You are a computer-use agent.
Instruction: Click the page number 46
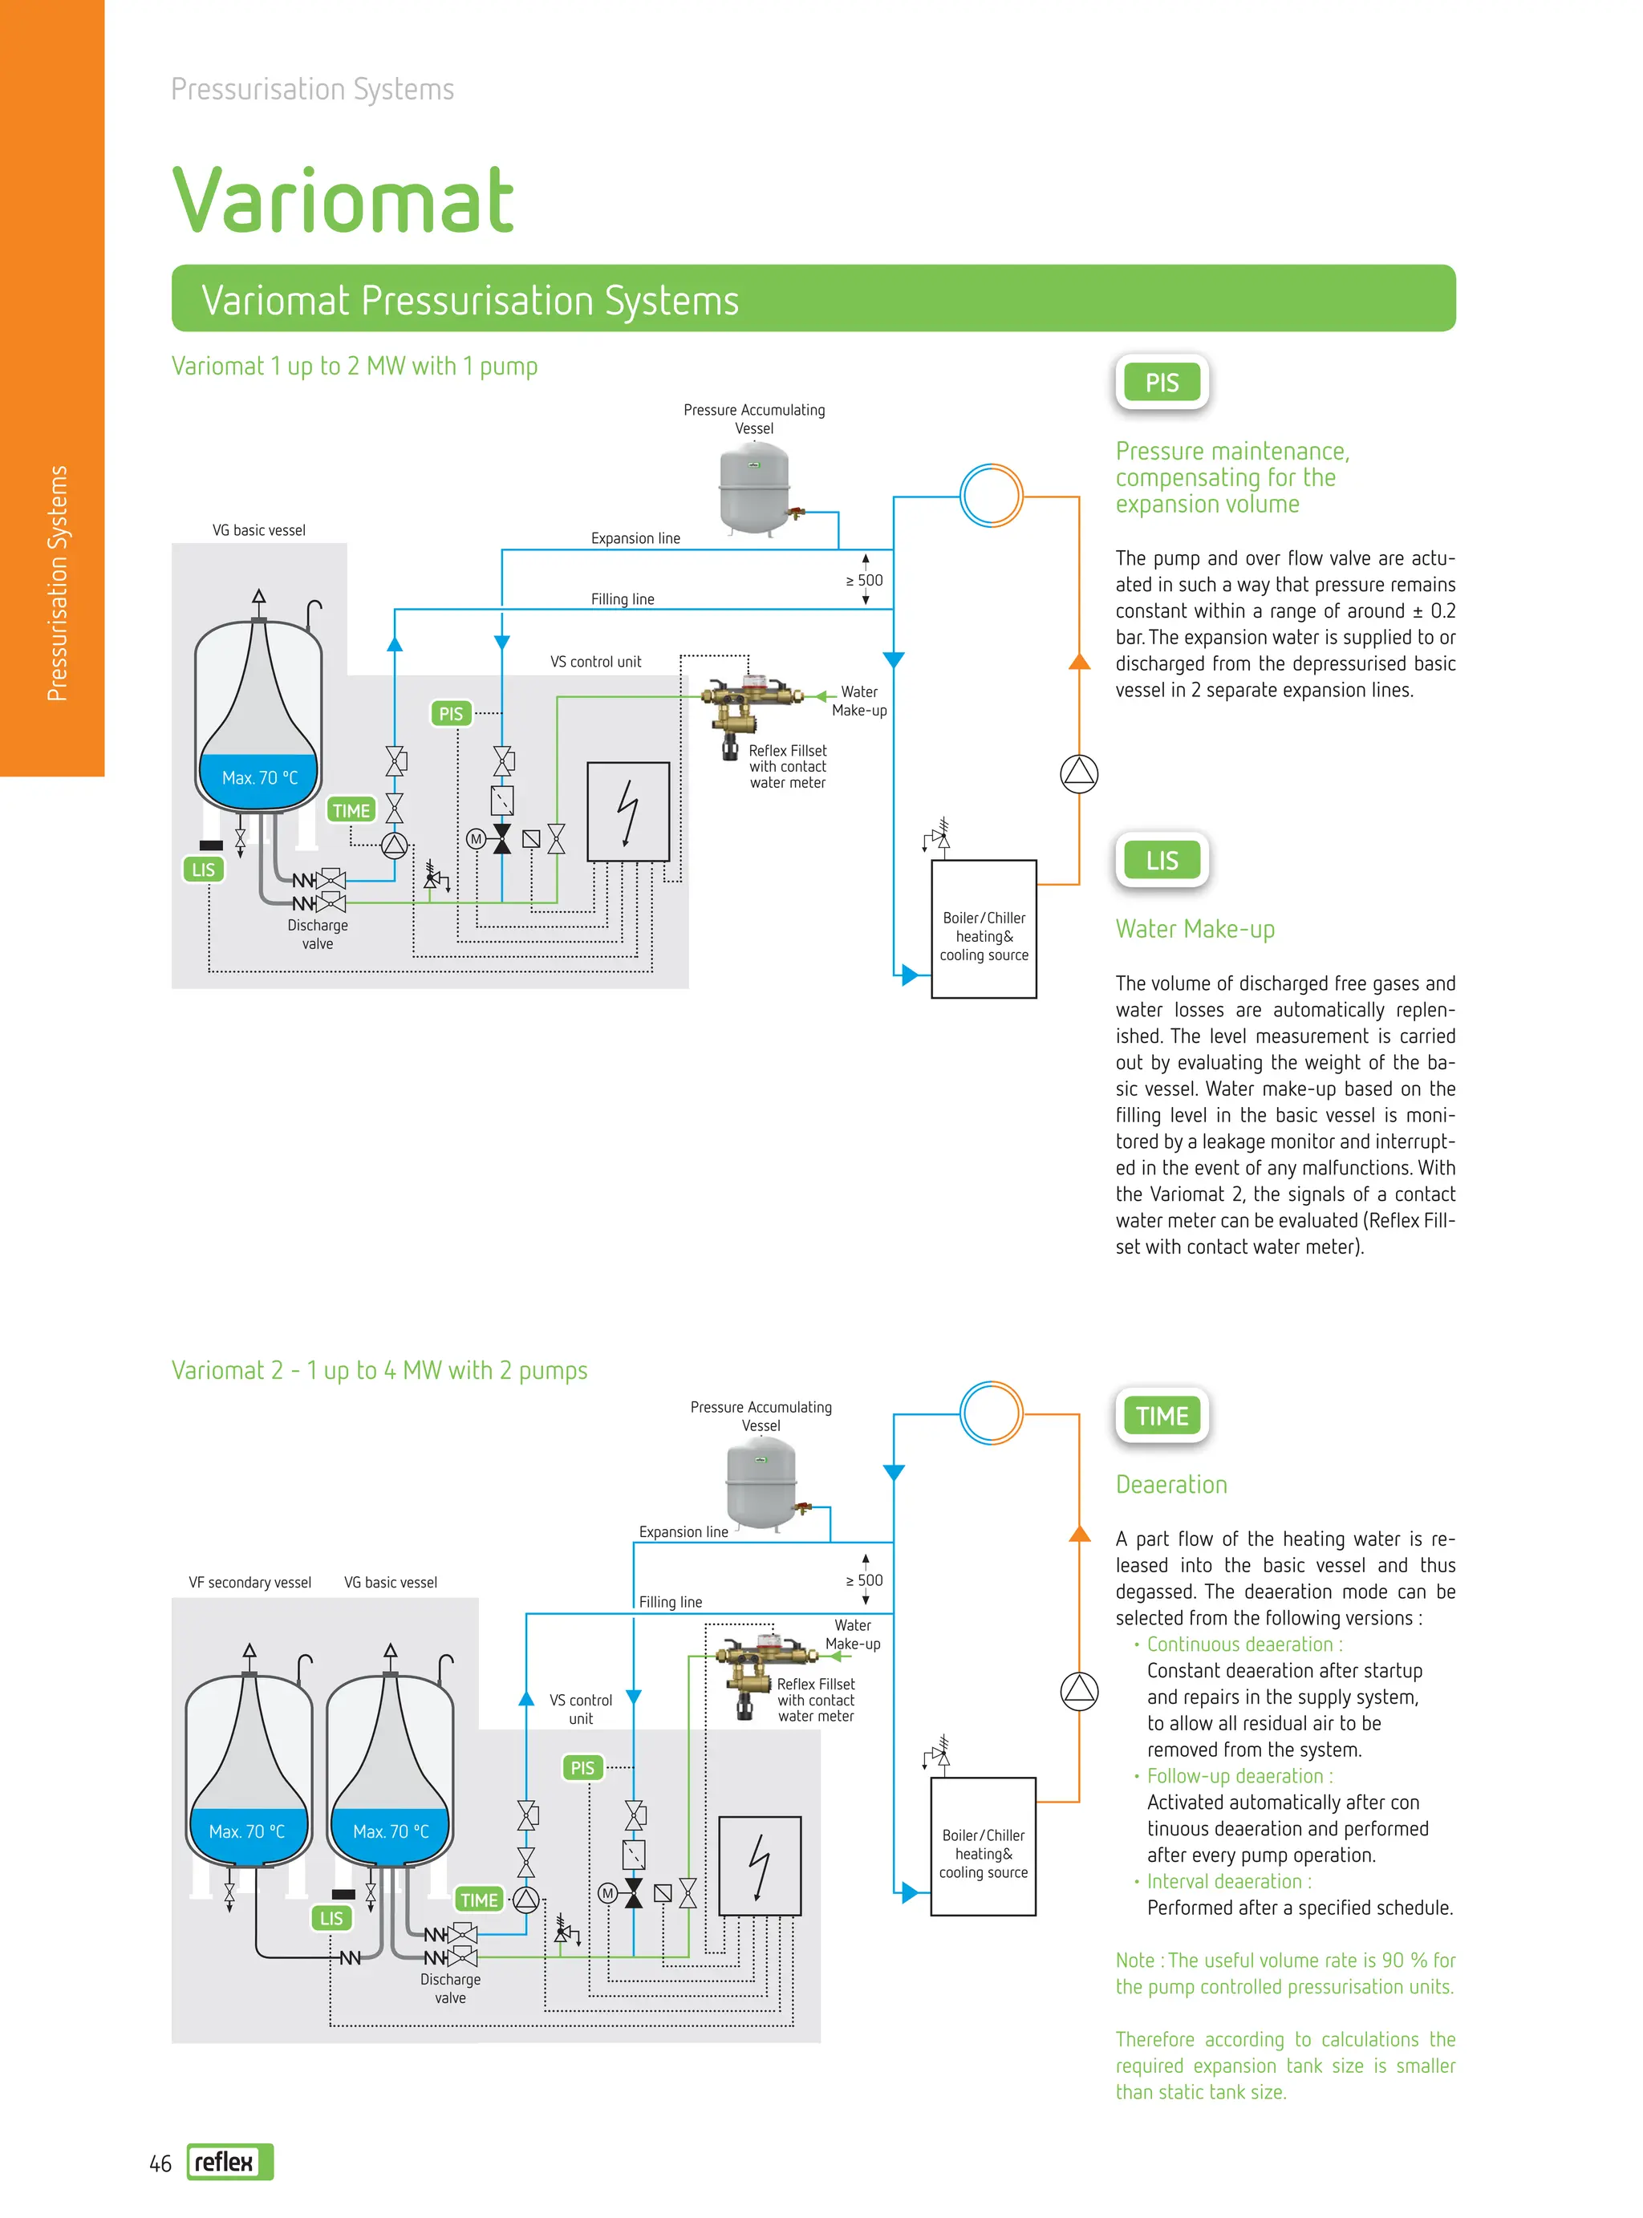(160, 2163)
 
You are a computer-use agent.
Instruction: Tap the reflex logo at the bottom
(229, 2161)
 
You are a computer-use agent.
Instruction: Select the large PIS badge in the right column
(1161, 383)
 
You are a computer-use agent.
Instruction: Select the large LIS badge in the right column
(1161, 861)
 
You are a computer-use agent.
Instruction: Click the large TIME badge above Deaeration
(1161, 1416)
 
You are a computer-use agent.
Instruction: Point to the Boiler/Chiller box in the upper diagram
(984, 929)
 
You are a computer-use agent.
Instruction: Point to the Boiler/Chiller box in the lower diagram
(983, 1846)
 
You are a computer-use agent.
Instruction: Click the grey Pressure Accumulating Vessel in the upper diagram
(754, 487)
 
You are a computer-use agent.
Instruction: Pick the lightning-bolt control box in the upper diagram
(627, 811)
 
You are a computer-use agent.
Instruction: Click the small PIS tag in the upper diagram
(451, 714)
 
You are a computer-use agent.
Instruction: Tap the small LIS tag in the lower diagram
(331, 1919)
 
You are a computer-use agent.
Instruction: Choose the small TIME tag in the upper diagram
(351, 810)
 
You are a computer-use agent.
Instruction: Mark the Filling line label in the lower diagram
(671, 1603)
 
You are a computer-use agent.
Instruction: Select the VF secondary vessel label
(249, 1583)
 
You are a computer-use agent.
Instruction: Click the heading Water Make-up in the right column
(1195, 930)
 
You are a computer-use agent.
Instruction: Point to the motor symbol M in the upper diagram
(476, 839)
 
